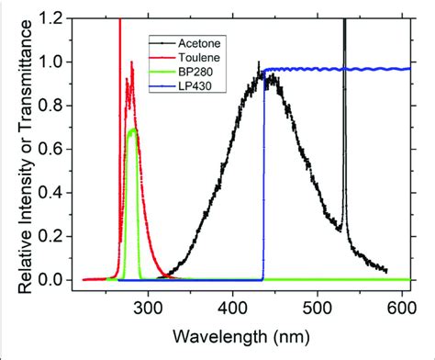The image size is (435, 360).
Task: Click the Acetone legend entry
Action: point(200,42)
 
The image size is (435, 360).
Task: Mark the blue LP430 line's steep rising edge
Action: point(263,184)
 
